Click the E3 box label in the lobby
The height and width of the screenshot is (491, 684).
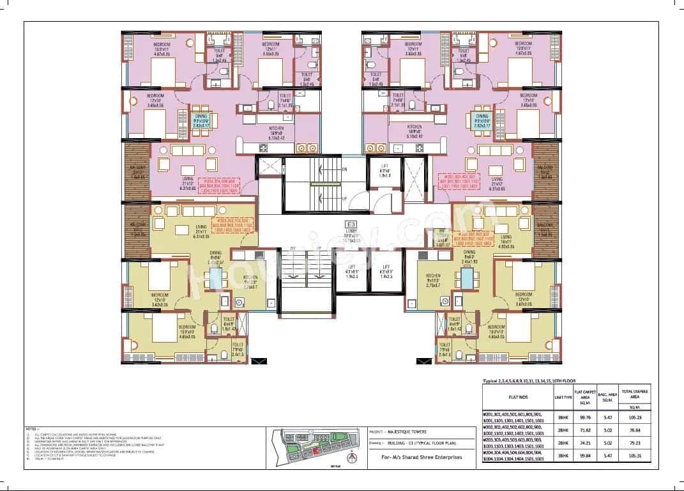coord(349,225)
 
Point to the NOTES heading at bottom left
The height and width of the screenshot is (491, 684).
coord(31,428)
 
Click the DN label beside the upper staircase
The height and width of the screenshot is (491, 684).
coord(344,169)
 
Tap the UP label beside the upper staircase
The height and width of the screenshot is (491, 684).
coord(344,198)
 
